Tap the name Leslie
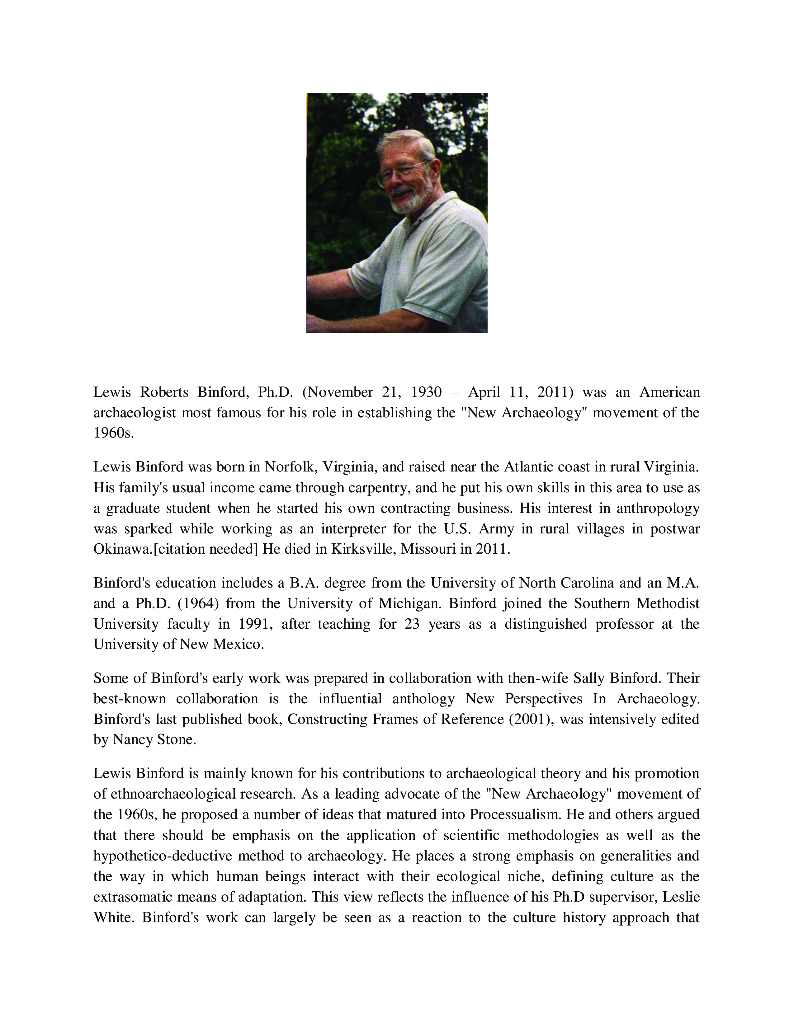click(x=681, y=897)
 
